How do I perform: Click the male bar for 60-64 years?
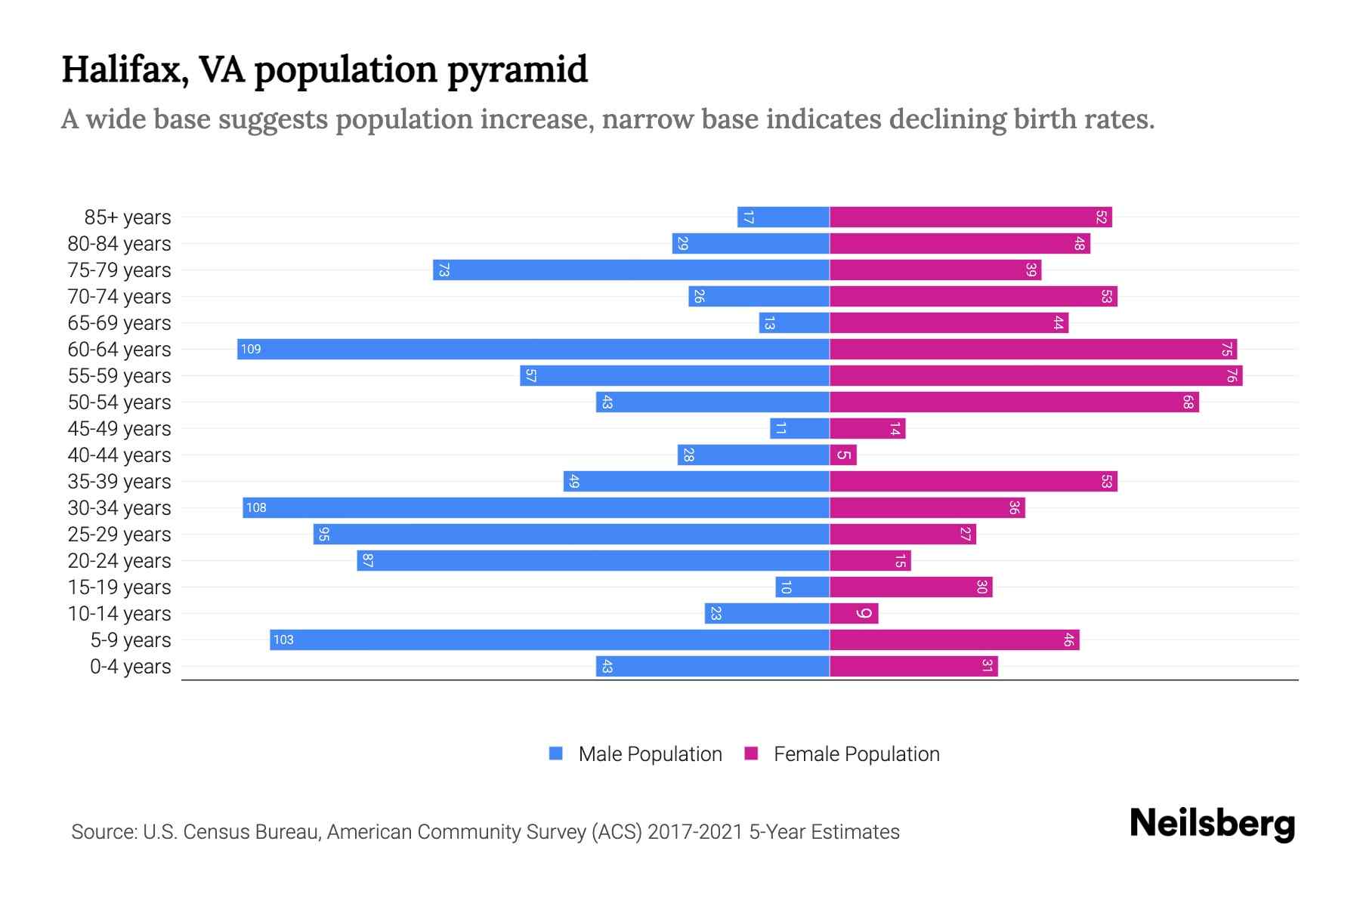click(x=533, y=349)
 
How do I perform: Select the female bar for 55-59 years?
click(x=1036, y=375)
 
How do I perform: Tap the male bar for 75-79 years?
click(x=631, y=270)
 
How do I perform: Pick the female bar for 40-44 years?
click(x=843, y=455)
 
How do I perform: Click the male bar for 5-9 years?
click(x=549, y=639)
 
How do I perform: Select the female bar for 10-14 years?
click(x=854, y=613)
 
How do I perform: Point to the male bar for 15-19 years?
click(x=802, y=587)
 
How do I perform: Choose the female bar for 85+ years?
click(x=971, y=217)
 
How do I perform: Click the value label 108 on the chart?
click(x=256, y=507)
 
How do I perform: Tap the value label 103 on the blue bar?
click(x=283, y=639)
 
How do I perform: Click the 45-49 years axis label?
click(x=119, y=428)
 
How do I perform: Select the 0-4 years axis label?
click(x=130, y=666)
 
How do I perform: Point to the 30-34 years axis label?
click(x=119, y=507)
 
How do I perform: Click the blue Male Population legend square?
click(x=556, y=753)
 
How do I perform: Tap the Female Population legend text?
click(x=856, y=753)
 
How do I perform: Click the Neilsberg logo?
click(x=1212, y=824)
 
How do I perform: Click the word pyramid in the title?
click(x=518, y=69)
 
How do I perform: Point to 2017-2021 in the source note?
click(x=695, y=831)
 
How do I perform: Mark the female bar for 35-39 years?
click(x=973, y=481)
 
